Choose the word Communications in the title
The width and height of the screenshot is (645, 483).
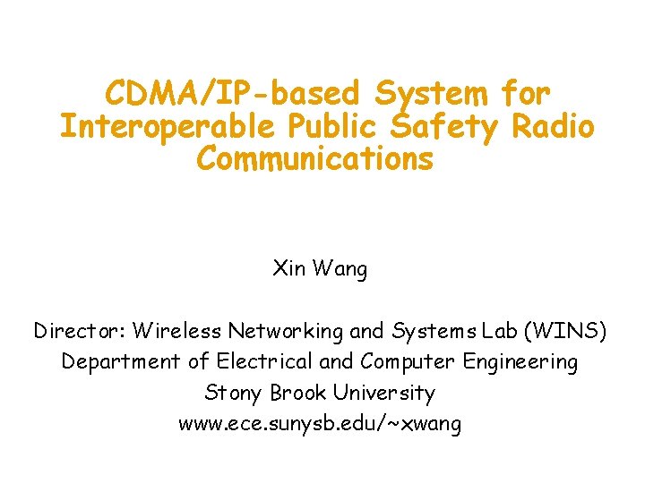pos(315,159)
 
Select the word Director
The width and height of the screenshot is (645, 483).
pos(80,331)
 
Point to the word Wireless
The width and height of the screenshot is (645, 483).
pos(177,331)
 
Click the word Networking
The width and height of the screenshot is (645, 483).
pos(286,332)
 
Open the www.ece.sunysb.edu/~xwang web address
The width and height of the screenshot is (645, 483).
pos(320,423)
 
